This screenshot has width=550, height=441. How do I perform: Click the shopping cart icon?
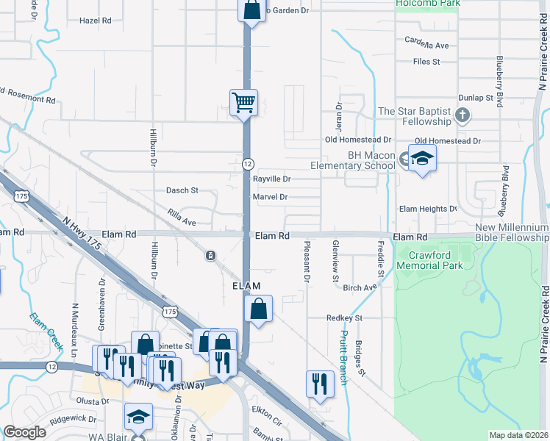[x=243, y=102]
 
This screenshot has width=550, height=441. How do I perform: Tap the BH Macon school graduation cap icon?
[x=422, y=158]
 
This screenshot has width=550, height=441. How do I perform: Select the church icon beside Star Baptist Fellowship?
[x=462, y=115]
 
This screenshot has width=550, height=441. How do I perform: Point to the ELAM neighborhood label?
[x=247, y=285]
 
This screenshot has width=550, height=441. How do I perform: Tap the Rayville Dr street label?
[x=272, y=179]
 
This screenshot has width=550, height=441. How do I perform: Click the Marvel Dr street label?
[x=270, y=197]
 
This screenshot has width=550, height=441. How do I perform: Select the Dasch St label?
[x=182, y=190]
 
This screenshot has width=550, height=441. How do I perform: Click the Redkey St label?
[x=345, y=318]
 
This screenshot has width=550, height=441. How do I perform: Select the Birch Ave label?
[x=360, y=288]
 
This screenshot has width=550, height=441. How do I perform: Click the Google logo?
[x=24, y=432]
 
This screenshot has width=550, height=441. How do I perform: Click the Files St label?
[x=426, y=62]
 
